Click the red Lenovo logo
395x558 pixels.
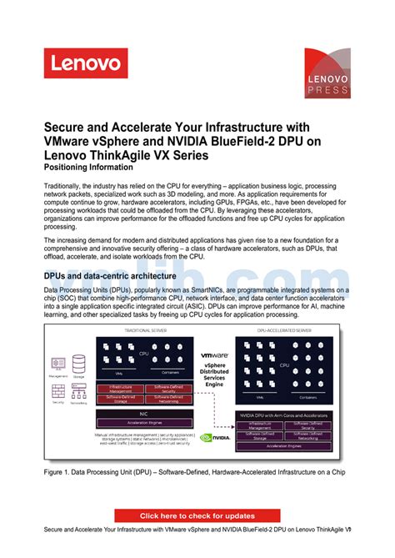(86, 63)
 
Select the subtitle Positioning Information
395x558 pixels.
(89, 167)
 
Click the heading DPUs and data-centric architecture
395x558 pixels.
(109, 275)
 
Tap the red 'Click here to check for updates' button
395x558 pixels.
(197, 515)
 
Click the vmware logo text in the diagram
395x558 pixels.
(213, 353)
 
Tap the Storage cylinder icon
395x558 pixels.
(78, 364)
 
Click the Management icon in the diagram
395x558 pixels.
(58, 364)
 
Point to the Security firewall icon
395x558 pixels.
(58, 390)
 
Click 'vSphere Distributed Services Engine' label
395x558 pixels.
(214, 374)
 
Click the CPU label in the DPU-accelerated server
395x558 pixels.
(284, 364)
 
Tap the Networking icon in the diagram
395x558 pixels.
(78, 390)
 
